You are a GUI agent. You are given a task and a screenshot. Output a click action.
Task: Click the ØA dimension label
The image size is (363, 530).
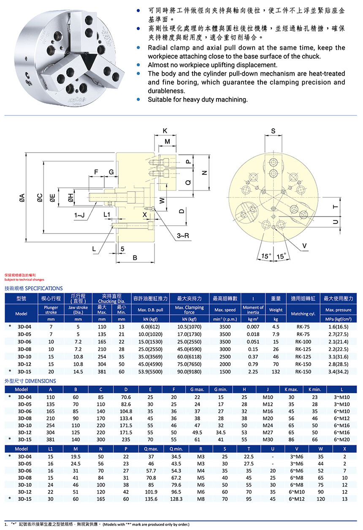point(22,198)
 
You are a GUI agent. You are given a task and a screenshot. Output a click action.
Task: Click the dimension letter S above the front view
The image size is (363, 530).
point(273,131)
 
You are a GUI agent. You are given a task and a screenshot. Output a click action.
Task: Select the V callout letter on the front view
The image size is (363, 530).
point(304,246)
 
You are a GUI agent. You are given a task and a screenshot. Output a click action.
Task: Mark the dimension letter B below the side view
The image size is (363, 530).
point(135,258)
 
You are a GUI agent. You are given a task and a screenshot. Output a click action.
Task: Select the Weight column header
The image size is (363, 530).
point(276,310)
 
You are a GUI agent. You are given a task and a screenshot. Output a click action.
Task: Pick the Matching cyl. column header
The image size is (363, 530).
point(303,314)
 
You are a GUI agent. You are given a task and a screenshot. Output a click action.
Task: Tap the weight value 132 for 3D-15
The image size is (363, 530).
point(276,371)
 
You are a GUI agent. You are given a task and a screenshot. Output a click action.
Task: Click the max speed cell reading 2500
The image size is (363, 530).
point(225,356)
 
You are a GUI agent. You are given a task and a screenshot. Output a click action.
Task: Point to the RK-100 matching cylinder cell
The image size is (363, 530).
point(303,341)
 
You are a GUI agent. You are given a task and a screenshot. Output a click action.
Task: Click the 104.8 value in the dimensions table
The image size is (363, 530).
point(126,411)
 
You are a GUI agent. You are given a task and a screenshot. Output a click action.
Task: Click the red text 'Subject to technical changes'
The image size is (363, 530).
point(24,280)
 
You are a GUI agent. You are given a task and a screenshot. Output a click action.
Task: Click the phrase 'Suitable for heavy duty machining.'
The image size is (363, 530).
point(198,100)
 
